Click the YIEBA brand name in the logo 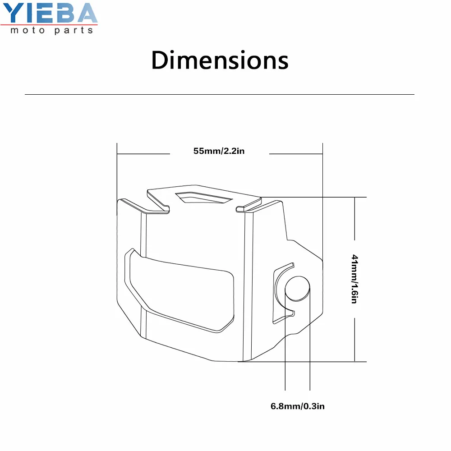click(x=50, y=13)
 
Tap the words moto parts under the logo click(x=52, y=30)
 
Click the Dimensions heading click(x=220, y=60)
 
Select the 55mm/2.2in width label click(x=219, y=151)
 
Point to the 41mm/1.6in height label click(x=354, y=279)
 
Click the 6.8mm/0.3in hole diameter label click(x=298, y=406)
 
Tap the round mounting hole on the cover click(x=297, y=289)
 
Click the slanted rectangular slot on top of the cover click(x=204, y=198)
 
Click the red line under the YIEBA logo click(x=49, y=25)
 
